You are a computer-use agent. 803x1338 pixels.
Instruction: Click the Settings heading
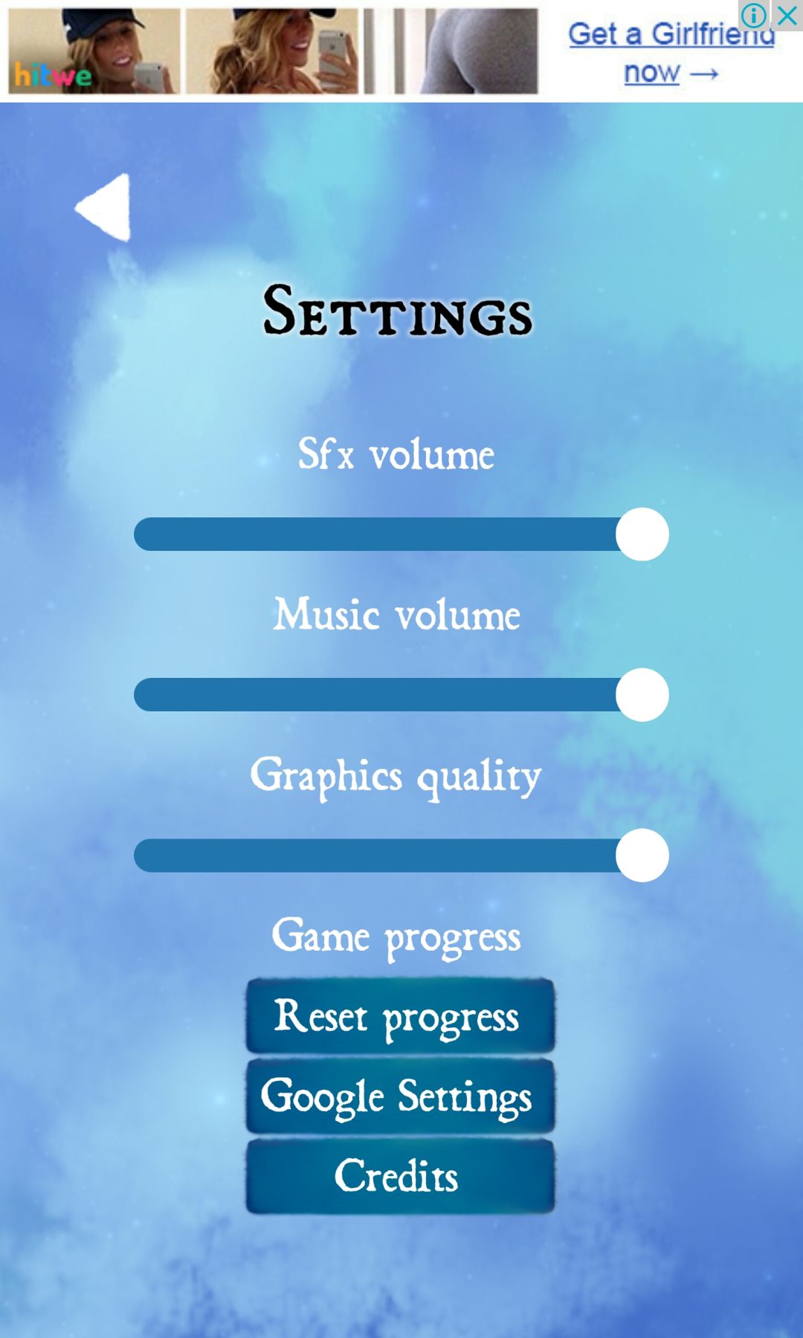coord(398,311)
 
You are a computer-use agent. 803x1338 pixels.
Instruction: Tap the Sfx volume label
coord(396,453)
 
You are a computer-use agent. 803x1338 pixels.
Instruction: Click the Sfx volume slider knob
coord(642,534)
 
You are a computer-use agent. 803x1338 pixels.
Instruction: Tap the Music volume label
coord(397,614)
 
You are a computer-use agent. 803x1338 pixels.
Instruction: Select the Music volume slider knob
coord(642,695)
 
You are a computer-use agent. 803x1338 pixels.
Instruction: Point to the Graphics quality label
coord(396,777)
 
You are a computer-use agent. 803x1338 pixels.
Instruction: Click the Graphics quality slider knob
coord(642,856)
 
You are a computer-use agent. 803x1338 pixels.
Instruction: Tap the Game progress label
coord(396,937)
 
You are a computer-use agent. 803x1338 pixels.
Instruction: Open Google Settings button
coord(400,1096)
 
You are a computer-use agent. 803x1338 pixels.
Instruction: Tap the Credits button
coord(400,1177)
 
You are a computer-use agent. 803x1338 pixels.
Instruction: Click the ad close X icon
coord(787,15)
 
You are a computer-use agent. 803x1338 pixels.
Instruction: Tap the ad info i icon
coord(754,15)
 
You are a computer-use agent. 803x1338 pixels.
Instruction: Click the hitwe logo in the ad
coord(53,75)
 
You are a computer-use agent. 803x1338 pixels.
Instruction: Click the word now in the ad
coord(652,73)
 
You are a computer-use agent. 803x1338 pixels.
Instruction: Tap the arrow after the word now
coord(703,74)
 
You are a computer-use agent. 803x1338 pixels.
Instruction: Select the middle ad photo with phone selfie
coord(272,51)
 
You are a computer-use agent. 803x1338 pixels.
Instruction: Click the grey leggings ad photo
coord(451,51)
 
